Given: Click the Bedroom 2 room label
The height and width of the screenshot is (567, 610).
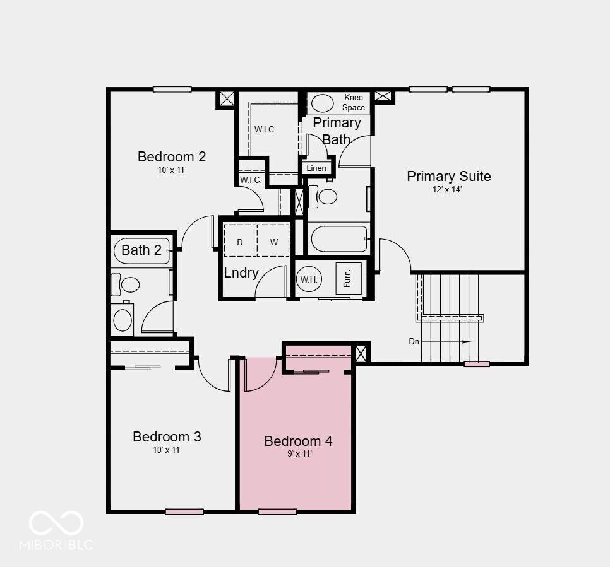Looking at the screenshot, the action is click(172, 156).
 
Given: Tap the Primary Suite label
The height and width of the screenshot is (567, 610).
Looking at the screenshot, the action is click(448, 176).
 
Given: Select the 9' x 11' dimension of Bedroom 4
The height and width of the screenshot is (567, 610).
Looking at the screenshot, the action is click(299, 453).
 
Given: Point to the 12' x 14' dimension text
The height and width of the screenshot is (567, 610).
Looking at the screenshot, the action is click(447, 190).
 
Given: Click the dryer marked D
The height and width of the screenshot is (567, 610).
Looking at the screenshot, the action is click(240, 240).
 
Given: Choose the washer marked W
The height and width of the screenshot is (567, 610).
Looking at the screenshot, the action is click(273, 240).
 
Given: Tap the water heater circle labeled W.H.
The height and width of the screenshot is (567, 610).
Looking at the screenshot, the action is click(309, 279).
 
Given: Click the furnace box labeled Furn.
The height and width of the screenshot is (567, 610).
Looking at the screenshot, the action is click(349, 278).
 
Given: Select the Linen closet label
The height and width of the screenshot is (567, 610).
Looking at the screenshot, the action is click(316, 168).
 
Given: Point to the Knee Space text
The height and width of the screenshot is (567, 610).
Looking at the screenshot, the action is click(354, 102).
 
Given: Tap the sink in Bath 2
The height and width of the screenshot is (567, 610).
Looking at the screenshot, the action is click(122, 319).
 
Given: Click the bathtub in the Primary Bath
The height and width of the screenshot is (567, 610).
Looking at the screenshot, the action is click(339, 238).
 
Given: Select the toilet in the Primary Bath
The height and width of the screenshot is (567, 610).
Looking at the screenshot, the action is click(323, 197).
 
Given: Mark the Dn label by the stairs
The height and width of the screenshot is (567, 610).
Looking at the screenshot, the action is click(414, 342).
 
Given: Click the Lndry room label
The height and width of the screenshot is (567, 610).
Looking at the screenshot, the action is click(241, 273).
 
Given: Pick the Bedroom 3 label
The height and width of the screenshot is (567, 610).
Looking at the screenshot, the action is click(167, 436).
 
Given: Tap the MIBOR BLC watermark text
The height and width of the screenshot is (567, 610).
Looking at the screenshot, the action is click(56, 544).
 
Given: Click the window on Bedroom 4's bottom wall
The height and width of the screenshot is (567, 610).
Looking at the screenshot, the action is click(277, 511).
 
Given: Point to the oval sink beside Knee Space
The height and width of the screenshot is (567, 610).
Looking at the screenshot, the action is click(323, 103).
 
